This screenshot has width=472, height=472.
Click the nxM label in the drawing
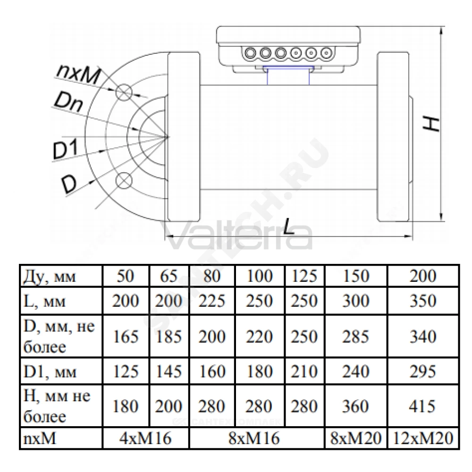[78, 74]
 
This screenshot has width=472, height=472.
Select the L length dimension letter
[289, 226]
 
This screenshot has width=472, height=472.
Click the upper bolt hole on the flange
[124, 93]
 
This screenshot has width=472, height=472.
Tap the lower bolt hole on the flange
[124, 180]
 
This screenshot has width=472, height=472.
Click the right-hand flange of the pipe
[393, 137]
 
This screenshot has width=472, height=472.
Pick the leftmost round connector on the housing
[250, 53]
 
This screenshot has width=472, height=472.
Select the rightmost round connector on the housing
[326, 53]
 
